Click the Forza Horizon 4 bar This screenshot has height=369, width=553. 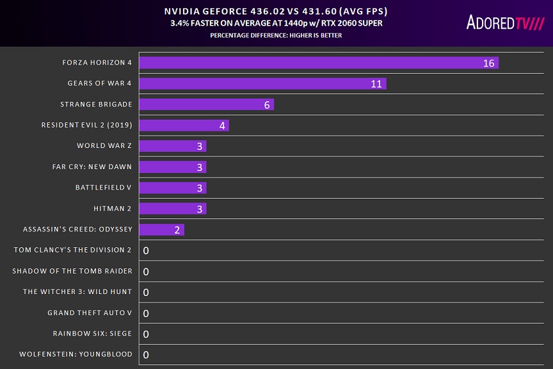(318, 63)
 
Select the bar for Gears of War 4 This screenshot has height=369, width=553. (262, 83)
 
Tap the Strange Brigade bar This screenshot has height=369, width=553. (206, 104)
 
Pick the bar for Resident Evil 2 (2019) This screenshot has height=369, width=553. (184, 125)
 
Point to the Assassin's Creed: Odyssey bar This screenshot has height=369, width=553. (161, 229)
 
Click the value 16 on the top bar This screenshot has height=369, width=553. (489, 63)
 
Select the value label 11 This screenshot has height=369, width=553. (376, 84)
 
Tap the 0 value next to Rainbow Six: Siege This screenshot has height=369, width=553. (146, 334)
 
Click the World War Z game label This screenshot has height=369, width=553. (104, 146)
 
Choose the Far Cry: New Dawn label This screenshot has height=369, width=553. (92, 167)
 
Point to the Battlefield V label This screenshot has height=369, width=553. (104, 188)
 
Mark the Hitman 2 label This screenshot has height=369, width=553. (113, 208)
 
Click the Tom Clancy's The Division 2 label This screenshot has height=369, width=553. (73, 250)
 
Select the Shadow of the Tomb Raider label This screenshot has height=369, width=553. (72, 271)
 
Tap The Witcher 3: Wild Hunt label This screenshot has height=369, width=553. (77, 291)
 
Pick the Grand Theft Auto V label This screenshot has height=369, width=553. (90, 313)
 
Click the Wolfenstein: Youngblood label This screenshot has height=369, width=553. (76, 354)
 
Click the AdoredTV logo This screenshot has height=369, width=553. (504, 23)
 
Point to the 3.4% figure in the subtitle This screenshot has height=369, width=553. (180, 23)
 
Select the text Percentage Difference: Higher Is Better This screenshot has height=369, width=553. (276, 35)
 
